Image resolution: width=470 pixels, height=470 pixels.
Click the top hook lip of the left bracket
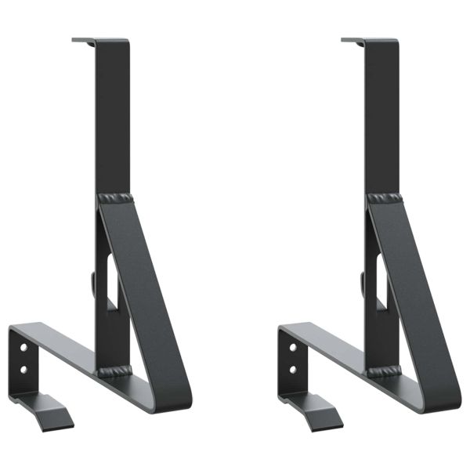(x=83, y=39)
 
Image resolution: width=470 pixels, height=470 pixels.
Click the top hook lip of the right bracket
(x=352, y=39)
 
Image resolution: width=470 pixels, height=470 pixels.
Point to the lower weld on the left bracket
(x=114, y=369)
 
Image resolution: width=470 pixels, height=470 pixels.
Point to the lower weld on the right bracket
(x=384, y=369)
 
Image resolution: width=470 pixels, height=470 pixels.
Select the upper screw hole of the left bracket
(x=24, y=346)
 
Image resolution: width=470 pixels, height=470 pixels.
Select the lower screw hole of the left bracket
(x=24, y=367)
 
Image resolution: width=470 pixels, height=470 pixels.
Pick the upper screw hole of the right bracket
(x=293, y=346)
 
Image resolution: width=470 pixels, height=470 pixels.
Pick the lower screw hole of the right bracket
(x=293, y=367)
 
